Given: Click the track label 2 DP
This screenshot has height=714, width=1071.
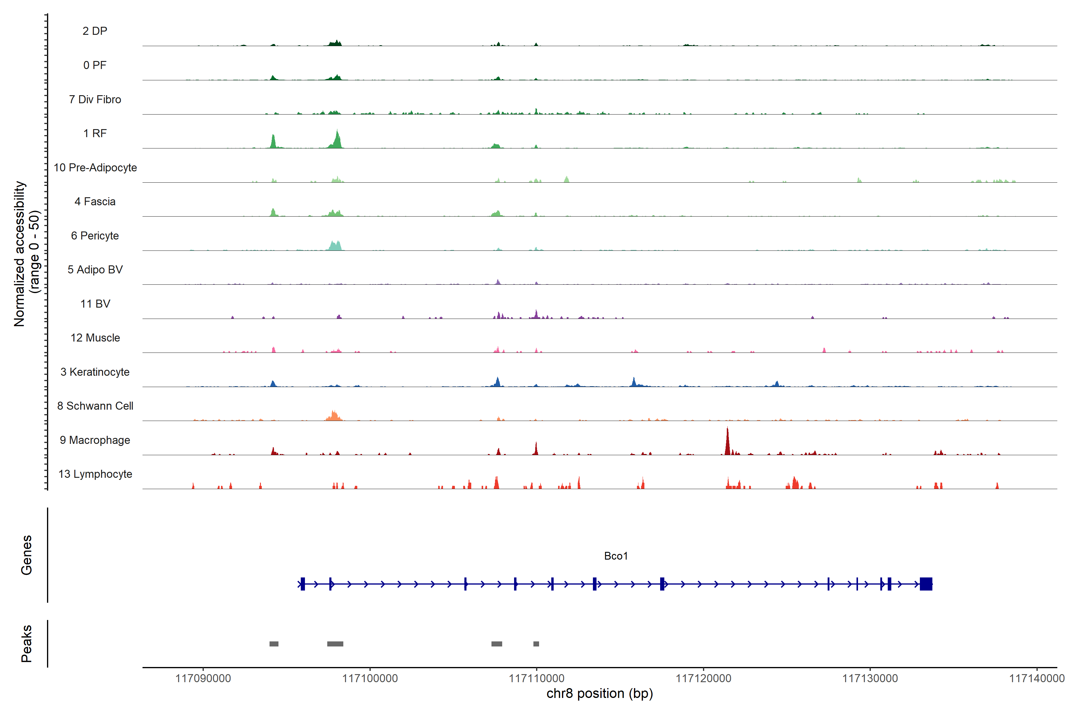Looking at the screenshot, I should (95, 31).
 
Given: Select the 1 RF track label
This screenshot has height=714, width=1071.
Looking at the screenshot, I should (95, 133).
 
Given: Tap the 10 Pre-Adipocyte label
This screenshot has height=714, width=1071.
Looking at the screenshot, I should (95, 167).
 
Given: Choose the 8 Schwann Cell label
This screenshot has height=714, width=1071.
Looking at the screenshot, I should (95, 406).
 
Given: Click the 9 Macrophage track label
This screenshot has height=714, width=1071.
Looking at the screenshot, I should (95, 440).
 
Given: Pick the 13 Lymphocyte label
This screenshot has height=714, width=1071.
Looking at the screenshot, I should (95, 474).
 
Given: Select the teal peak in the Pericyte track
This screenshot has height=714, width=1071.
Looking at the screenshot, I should (335, 246).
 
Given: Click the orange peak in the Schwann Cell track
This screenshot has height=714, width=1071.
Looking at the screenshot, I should (334, 416).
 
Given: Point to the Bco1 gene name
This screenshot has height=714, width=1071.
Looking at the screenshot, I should (616, 556).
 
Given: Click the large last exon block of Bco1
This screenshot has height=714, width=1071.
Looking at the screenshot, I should (926, 584).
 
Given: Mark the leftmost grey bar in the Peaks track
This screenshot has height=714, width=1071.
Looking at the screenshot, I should (274, 644).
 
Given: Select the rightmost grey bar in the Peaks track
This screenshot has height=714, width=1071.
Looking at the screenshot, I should (536, 644).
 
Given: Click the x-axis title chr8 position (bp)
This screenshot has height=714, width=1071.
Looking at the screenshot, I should (599, 693).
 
